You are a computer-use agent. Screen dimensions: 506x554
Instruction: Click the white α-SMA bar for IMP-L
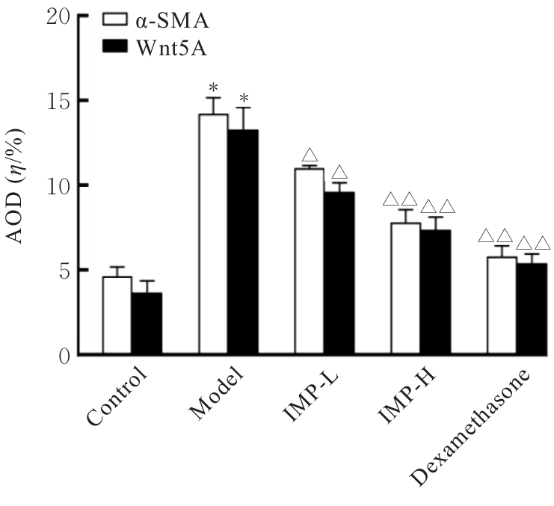[x=310, y=261]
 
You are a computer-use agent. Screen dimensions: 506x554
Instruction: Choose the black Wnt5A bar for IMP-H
[x=435, y=291]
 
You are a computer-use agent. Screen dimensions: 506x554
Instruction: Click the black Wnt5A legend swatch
[x=114, y=49]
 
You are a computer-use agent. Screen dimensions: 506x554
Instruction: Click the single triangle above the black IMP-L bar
[x=339, y=172]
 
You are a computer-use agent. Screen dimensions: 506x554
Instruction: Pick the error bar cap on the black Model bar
[x=243, y=108]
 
